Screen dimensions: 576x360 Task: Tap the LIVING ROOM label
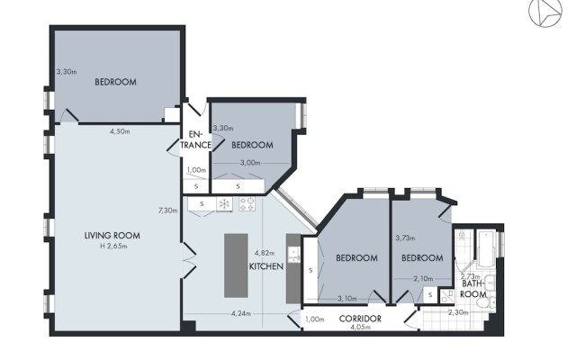click(x=112, y=236)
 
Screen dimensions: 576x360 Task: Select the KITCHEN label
click(x=266, y=266)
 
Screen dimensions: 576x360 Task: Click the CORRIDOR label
click(x=360, y=319)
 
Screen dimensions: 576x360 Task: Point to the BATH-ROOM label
click(x=473, y=289)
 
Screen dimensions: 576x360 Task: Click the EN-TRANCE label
click(x=195, y=139)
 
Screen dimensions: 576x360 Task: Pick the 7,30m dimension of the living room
click(x=168, y=211)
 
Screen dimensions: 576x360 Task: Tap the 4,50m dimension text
click(x=120, y=131)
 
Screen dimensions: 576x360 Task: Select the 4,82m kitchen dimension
click(x=265, y=253)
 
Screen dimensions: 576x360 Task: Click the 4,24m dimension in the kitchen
click(x=241, y=314)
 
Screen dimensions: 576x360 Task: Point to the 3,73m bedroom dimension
click(x=405, y=238)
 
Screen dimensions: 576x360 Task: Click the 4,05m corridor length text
click(x=360, y=328)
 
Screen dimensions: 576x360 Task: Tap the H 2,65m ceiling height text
click(x=113, y=246)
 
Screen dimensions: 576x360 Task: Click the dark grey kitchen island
click(x=236, y=265)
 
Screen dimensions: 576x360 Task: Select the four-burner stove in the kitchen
click(x=247, y=204)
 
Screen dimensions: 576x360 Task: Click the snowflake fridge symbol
click(x=224, y=204)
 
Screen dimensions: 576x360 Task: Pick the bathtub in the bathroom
click(x=486, y=249)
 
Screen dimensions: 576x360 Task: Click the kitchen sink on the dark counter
click(x=293, y=254)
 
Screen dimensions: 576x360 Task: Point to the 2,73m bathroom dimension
click(x=471, y=276)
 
